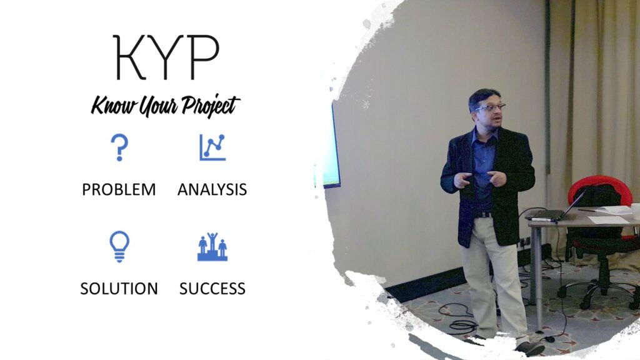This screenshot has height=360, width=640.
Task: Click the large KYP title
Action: (x=166, y=58)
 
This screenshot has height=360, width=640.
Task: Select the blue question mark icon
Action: (x=119, y=147)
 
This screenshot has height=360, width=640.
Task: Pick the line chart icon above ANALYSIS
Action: (x=212, y=147)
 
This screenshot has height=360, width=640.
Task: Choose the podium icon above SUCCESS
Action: (x=212, y=247)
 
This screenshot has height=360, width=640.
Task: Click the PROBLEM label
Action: (x=119, y=189)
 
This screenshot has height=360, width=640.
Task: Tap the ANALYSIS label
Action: (x=212, y=189)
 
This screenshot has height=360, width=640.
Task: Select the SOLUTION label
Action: (x=119, y=289)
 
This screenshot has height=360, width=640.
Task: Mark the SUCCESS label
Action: (x=212, y=289)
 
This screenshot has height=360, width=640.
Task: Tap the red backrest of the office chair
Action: (x=600, y=187)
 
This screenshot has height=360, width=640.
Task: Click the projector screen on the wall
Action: (x=331, y=147)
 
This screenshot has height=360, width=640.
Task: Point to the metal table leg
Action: (x=538, y=275)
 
